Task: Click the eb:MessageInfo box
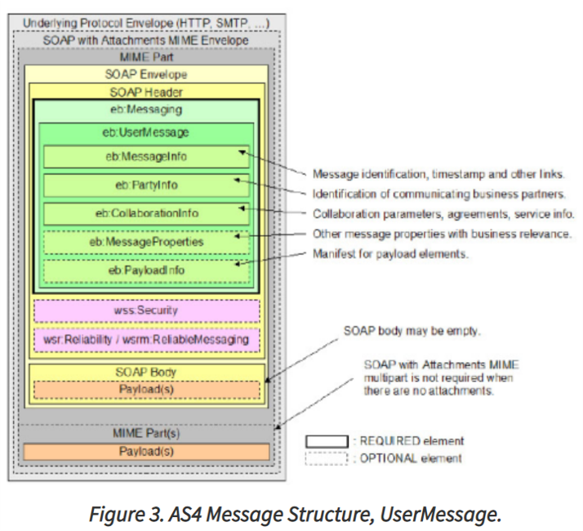(x=146, y=157)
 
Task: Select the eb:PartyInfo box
(x=146, y=185)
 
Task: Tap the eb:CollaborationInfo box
(x=146, y=213)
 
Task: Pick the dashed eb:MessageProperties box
(x=146, y=243)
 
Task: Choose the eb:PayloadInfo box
(x=146, y=271)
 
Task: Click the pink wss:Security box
(x=146, y=310)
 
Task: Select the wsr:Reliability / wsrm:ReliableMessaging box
(x=146, y=340)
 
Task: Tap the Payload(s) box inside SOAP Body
(x=146, y=390)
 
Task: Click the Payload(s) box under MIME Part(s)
(x=146, y=452)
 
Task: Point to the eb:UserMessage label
(x=145, y=132)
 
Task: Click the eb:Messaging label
(x=146, y=109)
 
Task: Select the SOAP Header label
(x=146, y=92)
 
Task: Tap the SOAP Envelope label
(x=145, y=74)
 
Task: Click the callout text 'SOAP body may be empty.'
(x=412, y=331)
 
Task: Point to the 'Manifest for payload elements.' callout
(x=390, y=254)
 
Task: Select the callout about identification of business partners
(x=439, y=194)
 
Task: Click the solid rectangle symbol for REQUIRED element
(x=327, y=441)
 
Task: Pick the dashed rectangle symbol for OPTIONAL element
(x=327, y=458)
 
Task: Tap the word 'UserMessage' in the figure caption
(x=441, y=515)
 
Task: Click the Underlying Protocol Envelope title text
(x=146, y=24)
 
